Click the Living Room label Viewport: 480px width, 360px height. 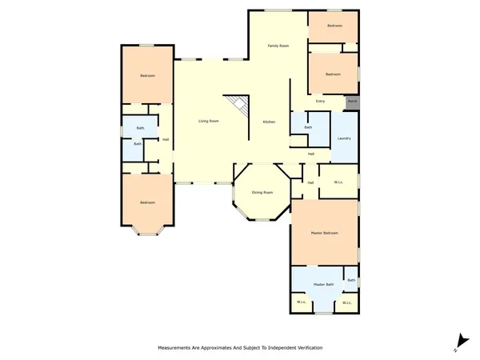(209, 121)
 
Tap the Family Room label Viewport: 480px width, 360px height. (278, 46)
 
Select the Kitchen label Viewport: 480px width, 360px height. (270, 122)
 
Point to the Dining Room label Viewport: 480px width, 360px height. (262, 193)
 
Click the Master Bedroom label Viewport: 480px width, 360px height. (324, 233)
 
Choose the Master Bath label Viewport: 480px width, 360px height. (323, 285)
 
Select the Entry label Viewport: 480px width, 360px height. (320, 101)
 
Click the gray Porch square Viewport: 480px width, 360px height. (352, 102)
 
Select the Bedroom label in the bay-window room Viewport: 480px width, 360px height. (146, 202)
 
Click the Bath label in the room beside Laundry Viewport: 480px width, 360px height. (307, 127)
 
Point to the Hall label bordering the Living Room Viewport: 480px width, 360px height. (165, 140)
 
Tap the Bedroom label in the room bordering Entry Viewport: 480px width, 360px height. (333, 74)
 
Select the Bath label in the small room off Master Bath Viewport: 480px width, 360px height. (350, 280)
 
